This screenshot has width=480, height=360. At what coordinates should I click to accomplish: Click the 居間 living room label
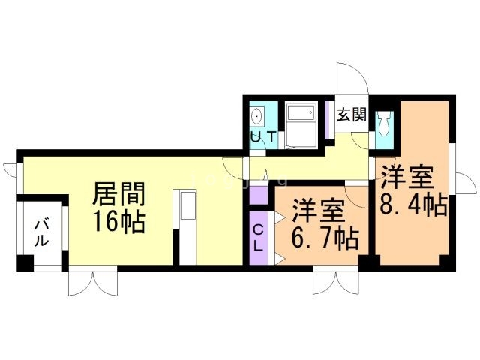(118, 194)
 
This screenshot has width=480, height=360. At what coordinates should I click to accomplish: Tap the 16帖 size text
(118, 222)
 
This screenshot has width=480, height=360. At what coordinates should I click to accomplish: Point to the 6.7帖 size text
(325, 238)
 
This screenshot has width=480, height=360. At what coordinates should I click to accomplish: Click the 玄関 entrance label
(352, 115)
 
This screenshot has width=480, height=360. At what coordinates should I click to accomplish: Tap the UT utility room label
(263, 136)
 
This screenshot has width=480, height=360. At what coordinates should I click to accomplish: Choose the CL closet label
(259, 238)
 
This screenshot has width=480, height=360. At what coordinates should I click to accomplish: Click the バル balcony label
(41, 233)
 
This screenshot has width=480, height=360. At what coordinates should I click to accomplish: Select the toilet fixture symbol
(385, 123)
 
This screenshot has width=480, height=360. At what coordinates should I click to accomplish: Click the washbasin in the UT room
(256, 116)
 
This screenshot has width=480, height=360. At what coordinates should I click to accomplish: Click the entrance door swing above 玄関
(352, 79)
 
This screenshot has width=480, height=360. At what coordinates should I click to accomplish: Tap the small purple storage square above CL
(259, 195)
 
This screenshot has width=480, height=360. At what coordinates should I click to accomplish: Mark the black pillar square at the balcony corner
(25, 263)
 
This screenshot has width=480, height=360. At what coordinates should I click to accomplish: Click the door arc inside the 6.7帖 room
(355, 197)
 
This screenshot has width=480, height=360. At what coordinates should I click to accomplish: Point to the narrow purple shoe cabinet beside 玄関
(327, 120)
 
